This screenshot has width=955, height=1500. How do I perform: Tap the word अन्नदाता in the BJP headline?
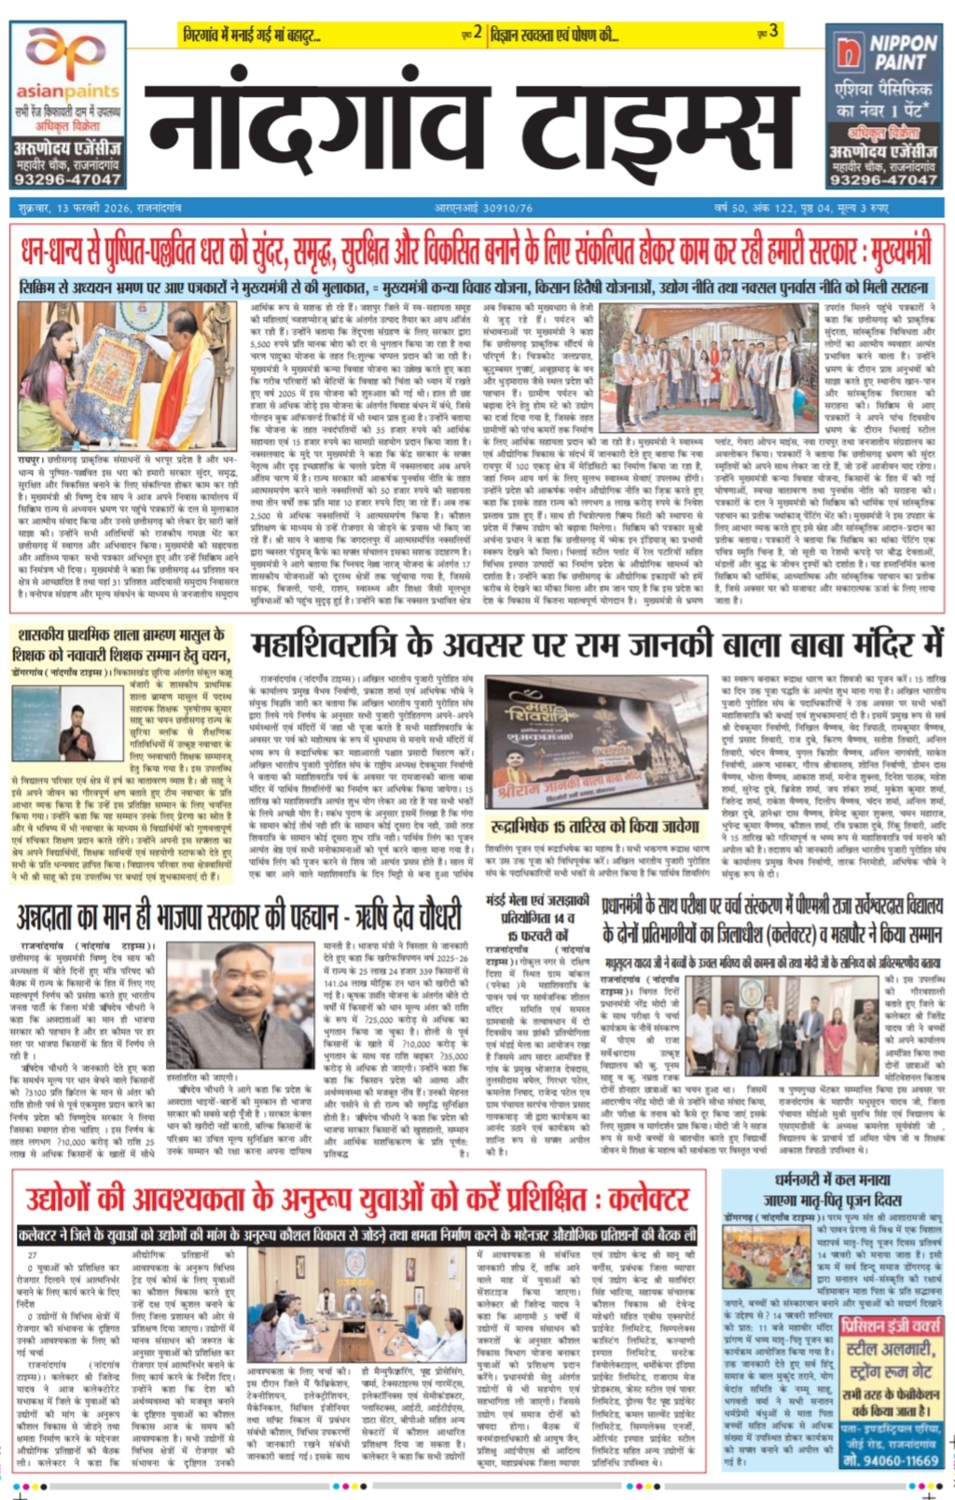(61, 917)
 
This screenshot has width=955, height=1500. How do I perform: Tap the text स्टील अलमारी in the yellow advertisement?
(887, 1349)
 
